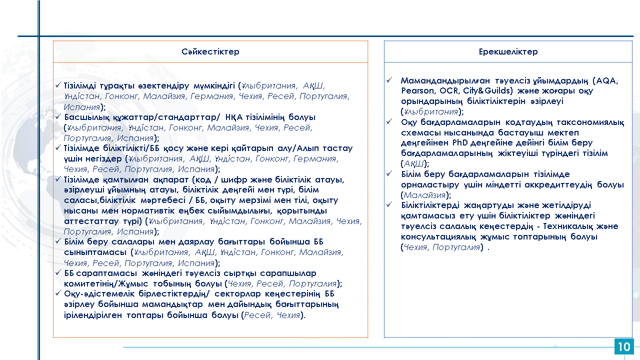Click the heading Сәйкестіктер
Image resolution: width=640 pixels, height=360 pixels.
210,52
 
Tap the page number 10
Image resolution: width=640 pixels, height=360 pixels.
624,347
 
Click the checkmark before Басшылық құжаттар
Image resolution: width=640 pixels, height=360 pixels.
58,117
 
